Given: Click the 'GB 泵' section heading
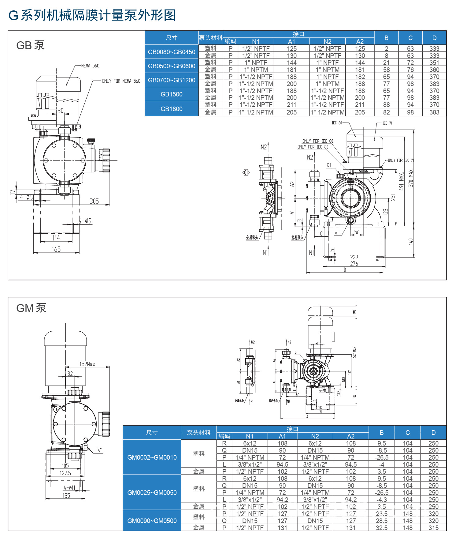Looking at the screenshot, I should [x=30, y=45].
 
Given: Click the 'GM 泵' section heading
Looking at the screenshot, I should [x=31, y=308].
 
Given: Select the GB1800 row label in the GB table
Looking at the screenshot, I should [x=172, y=109].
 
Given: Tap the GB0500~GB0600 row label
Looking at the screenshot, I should [x=172, y=66].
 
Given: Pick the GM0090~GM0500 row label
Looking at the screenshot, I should [x=152, y=521].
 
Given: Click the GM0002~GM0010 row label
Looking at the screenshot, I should [x=152, y=457].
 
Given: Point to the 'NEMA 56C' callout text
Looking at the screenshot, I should [x=90, y=66].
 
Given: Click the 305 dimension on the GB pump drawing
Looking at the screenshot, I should [x=94, y=201].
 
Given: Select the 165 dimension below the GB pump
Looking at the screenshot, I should [x=56, y=249].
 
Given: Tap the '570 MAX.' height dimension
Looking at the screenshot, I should [x=411, y=178].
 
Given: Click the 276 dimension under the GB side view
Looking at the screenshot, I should [x=354, y=264].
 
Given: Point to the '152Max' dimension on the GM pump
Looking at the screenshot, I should [x=87, y=364].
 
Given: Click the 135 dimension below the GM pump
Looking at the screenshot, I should [x=66, y=495].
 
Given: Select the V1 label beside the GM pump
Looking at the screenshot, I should [x=100, y=450].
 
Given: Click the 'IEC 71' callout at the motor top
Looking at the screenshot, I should [x=387, y=123].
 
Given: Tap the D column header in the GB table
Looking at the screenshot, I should [x=434, y=38].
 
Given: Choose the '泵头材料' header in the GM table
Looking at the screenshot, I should [x=199, y=432].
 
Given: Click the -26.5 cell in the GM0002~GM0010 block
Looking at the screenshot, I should [x=382, y=457].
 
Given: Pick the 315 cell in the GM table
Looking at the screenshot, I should [x=433, y=528].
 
